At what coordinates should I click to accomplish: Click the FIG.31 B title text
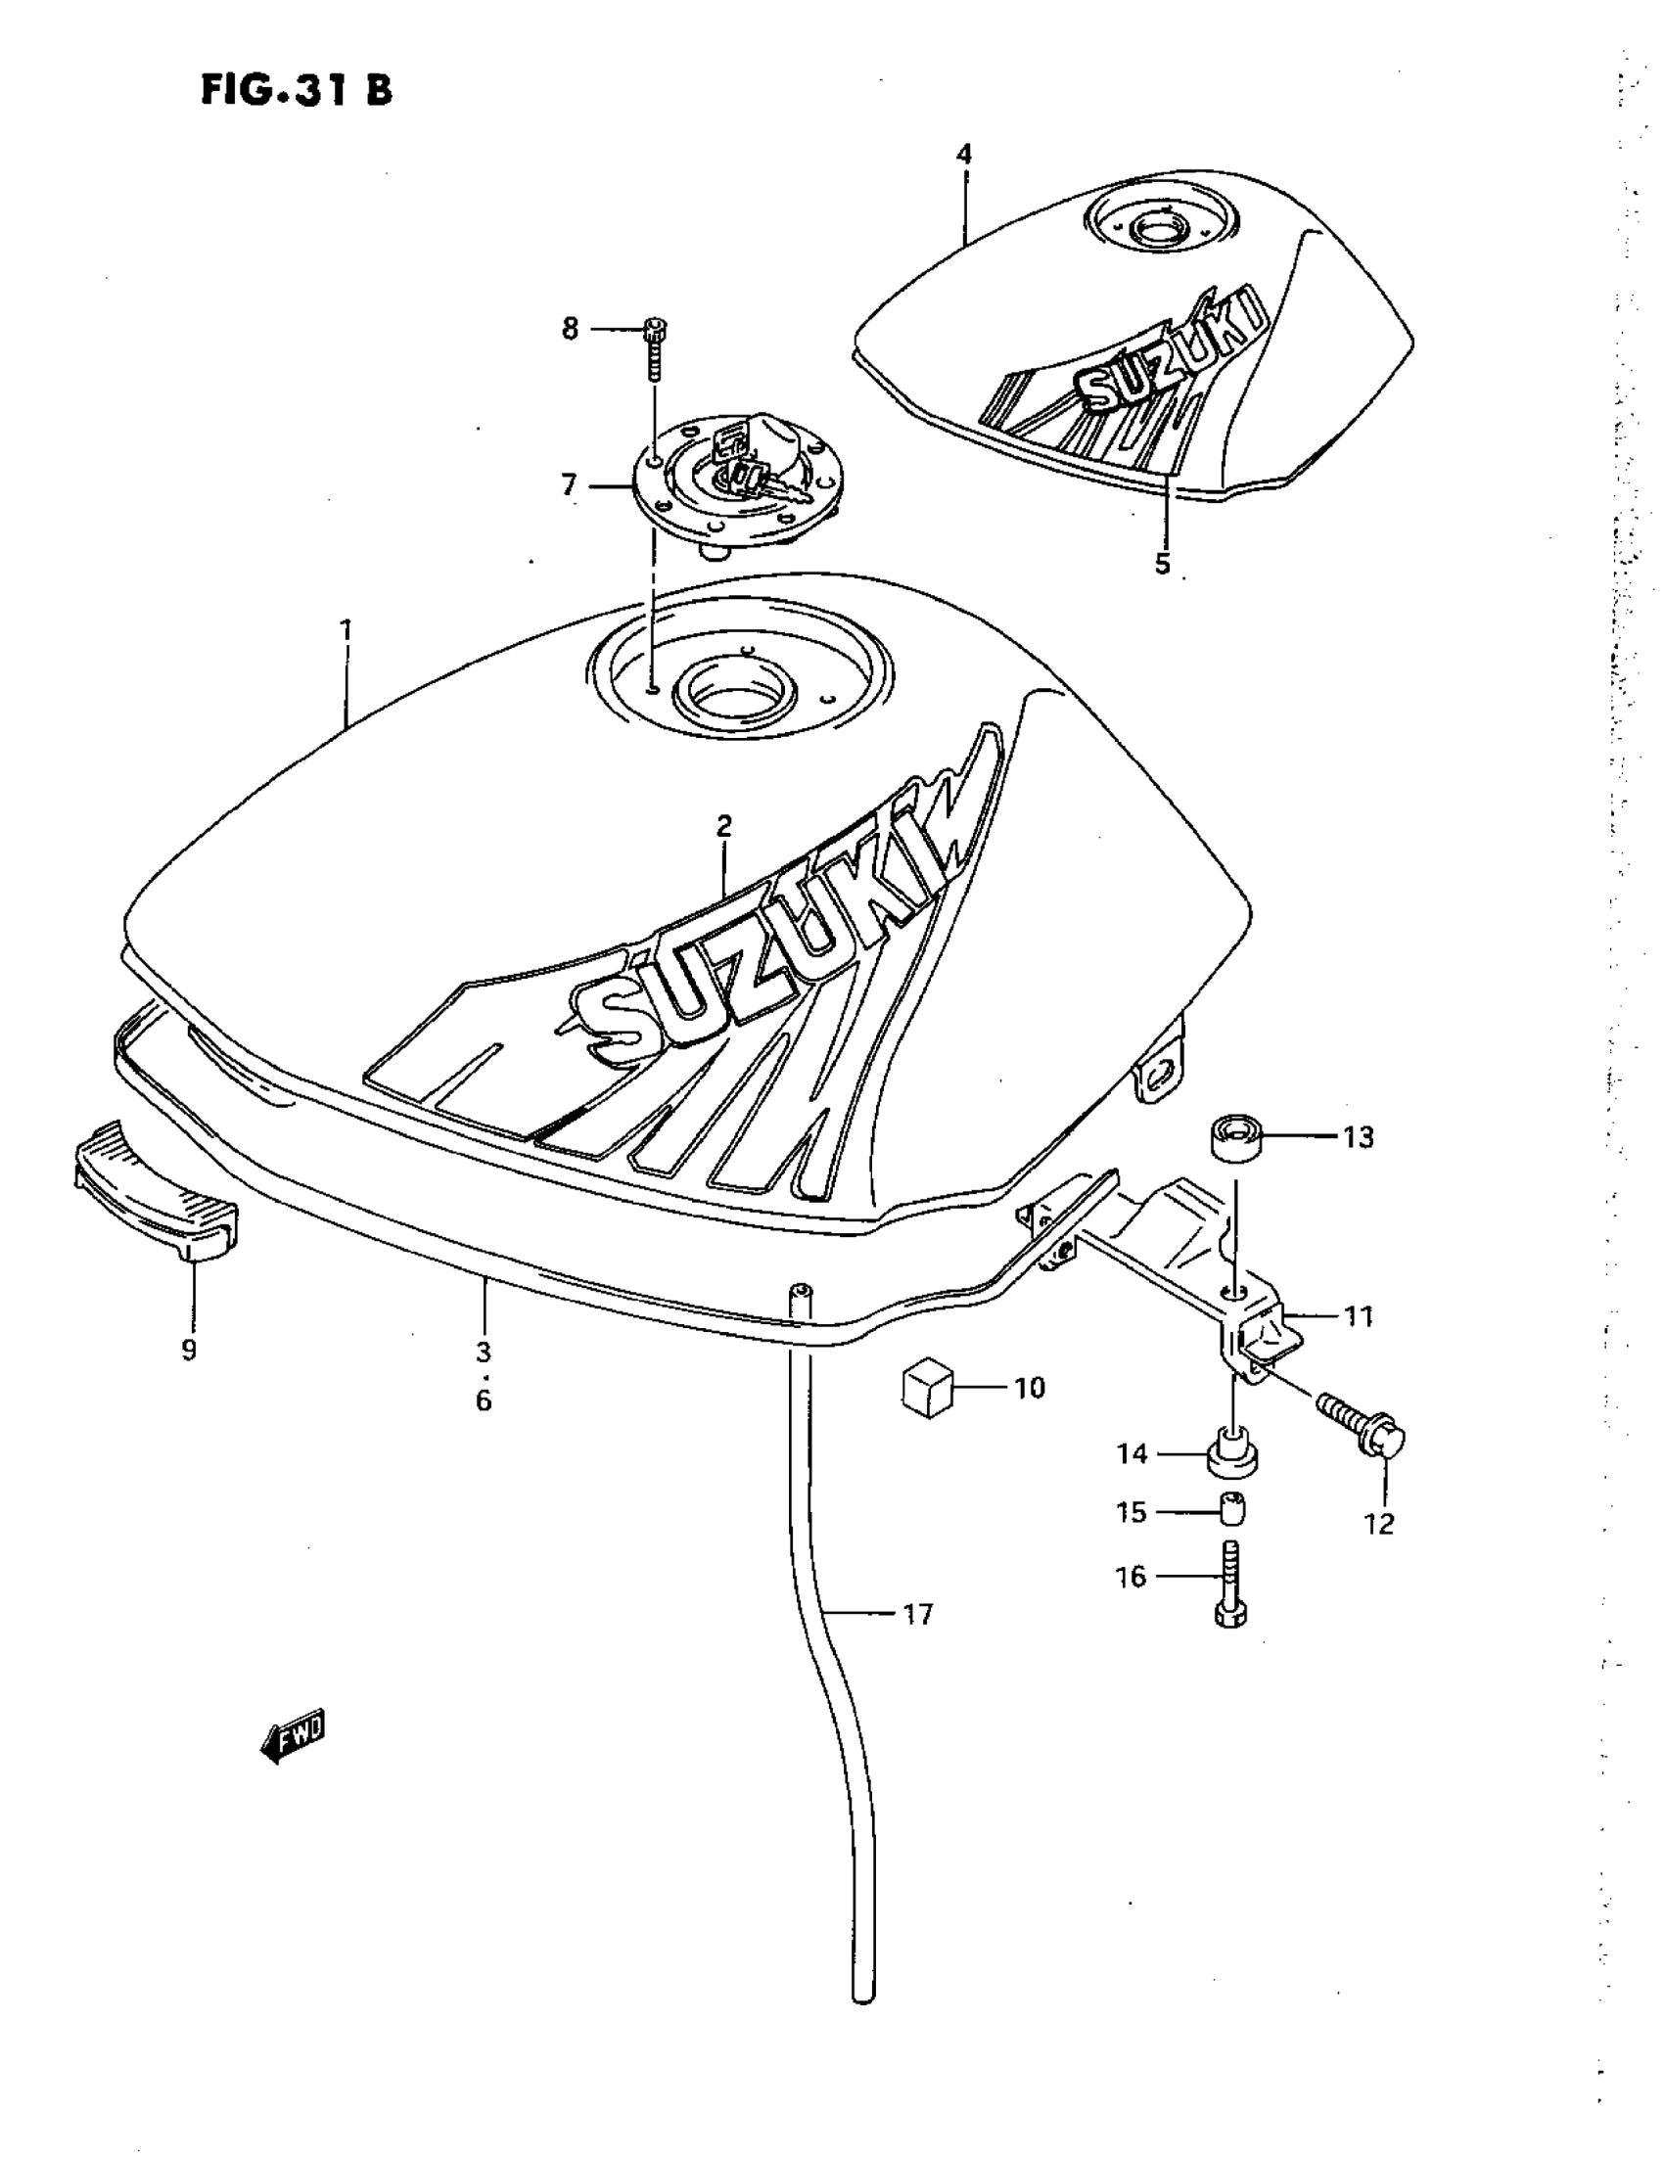tap(297, 90)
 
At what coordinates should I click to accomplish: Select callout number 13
tap(1359, 1138)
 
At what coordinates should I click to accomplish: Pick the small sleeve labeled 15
tap(1233, 1511)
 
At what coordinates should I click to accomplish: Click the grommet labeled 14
tap(1231, 1454)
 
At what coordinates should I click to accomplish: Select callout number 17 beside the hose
tap(918, 1615)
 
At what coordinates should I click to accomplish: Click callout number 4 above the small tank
tap(964, 155)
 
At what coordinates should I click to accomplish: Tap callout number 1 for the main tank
tap(347, 628)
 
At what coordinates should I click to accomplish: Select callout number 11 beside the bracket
tap(1360, 1315)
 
